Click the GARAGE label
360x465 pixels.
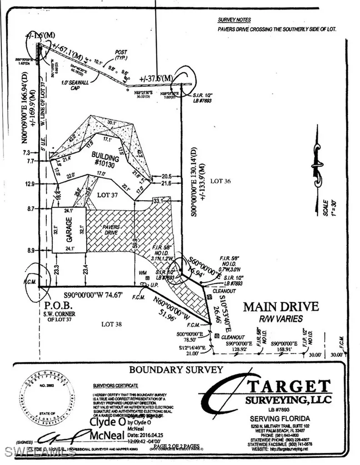pos(56,230)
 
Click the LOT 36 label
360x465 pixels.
pos(221,181)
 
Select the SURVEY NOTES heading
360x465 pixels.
pos(234,20)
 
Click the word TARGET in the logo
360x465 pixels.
pos(288,387)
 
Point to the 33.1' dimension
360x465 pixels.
pos(159,200)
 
